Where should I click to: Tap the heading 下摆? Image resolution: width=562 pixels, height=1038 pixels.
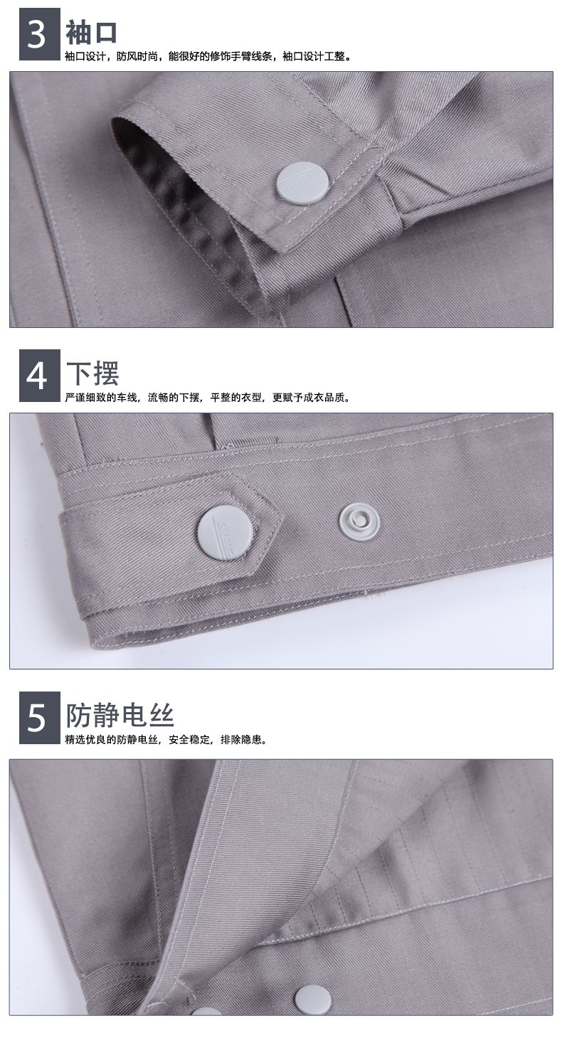pos(92,373)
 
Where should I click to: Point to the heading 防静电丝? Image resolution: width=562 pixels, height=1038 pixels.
pos(120,714)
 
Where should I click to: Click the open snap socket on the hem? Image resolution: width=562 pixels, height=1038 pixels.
pos(359,521)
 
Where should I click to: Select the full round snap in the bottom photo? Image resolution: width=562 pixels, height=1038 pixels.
pos(312,1000)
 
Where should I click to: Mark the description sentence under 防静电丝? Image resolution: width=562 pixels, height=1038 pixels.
pos(166,739)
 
